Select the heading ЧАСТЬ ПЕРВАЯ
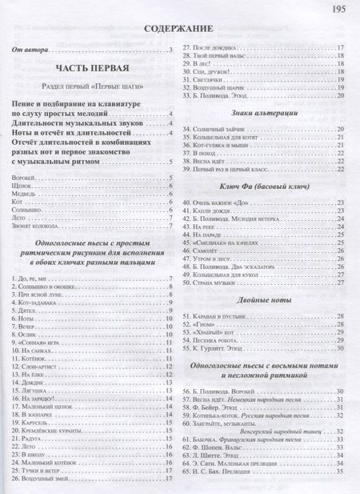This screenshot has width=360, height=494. (94, 69)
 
